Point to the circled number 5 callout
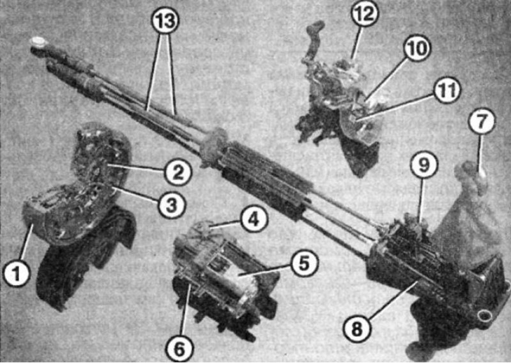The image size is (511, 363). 304,263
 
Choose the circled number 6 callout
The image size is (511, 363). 179,349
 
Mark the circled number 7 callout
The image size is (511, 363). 482,121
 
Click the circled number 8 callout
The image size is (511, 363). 357,328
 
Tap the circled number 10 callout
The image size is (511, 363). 417,49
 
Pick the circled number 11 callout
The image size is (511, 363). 446,91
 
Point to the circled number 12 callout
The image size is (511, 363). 365,14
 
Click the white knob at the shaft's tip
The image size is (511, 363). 37,42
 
